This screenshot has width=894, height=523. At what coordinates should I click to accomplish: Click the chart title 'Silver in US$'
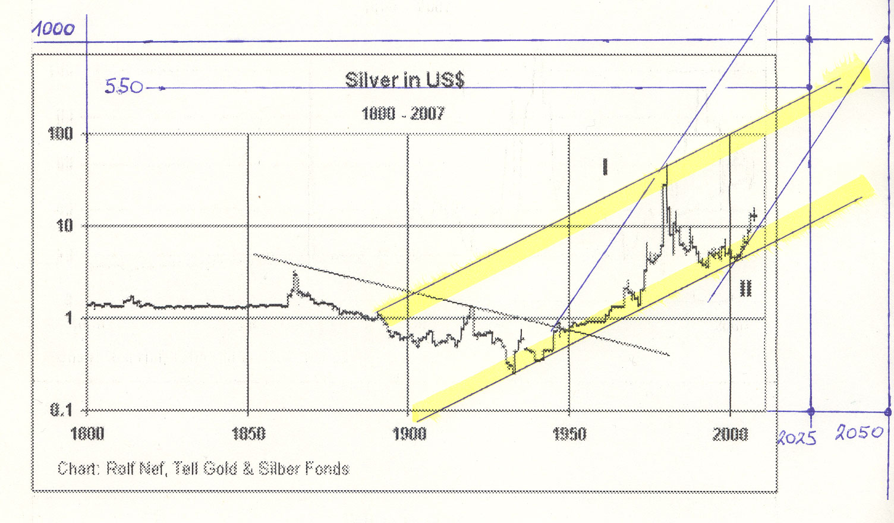click(405, 80)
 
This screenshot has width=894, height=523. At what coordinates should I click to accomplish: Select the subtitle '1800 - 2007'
click(402, 114)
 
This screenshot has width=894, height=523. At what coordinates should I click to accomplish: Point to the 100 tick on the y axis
click(61, 134)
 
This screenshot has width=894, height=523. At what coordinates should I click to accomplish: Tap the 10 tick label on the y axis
click(64, 225)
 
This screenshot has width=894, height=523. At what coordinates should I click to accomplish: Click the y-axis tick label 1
click(68, 317)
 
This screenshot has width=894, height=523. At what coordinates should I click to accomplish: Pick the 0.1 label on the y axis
click(61, 409)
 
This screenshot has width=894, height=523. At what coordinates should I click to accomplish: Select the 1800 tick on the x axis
click(87, 434)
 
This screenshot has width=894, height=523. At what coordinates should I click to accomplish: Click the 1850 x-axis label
click(248, 434)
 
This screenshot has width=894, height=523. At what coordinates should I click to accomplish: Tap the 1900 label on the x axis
click(410, 434)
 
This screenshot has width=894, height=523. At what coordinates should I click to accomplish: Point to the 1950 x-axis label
click(569, 434)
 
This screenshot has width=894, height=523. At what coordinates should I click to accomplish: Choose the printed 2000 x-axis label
click(731, 434)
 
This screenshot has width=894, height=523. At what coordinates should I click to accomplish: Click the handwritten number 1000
click(53, 29)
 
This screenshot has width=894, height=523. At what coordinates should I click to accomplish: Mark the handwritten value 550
click(124, 87)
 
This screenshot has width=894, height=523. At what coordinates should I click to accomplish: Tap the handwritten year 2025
click(797, 438)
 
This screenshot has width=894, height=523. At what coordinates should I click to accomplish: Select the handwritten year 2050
click(859, 432)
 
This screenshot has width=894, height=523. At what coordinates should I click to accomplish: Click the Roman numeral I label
click(605, 167)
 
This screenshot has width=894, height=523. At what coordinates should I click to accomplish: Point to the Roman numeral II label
click(745, 289)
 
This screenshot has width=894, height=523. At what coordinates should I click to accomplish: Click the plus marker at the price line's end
click(754, 215)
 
